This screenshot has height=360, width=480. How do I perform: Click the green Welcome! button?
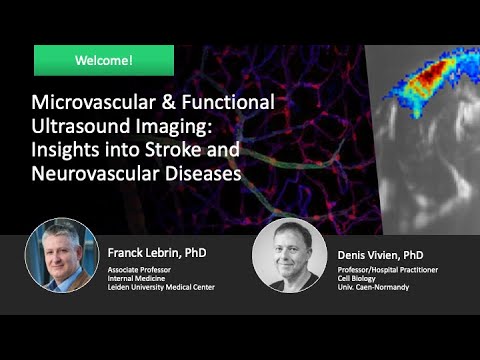tap(104, 60)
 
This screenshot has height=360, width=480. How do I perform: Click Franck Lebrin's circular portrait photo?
tap(62, 254)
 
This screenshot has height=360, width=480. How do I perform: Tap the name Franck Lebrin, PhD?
tap(163, 254)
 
